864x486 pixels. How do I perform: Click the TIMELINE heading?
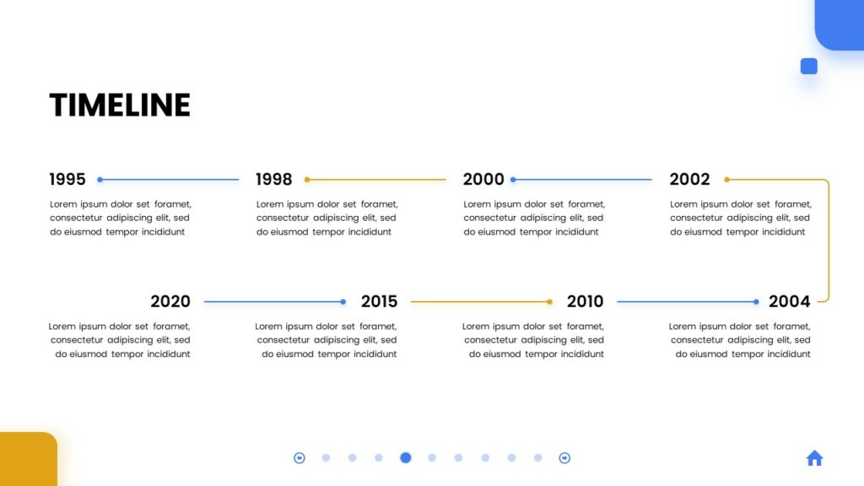tap(120, 105)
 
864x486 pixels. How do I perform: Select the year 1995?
tap(67, 179)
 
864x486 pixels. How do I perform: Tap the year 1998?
tap(274, 179)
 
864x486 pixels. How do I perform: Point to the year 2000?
tap(483, 179)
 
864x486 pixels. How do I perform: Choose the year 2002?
tap(689, 179)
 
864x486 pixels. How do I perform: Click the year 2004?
tap(789, 301)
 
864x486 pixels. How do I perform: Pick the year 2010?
tap(586, 301)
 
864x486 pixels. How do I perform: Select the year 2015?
tap(379, 301)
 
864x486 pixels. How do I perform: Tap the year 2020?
tap(170, 301)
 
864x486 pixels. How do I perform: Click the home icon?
tap(814, 458)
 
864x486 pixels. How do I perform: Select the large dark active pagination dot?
tap(406, 458)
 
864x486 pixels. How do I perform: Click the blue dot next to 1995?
tap(100, 180)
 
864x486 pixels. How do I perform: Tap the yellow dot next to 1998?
tap(307, 180)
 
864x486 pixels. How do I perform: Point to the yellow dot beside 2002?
tap(726, 180)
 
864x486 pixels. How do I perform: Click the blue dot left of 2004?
tap(756, 302)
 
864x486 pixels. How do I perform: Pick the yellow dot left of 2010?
tap(549, 302)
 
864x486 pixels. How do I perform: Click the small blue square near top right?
tap(809, 66)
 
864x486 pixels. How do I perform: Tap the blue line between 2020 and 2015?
tap(273, 302)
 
